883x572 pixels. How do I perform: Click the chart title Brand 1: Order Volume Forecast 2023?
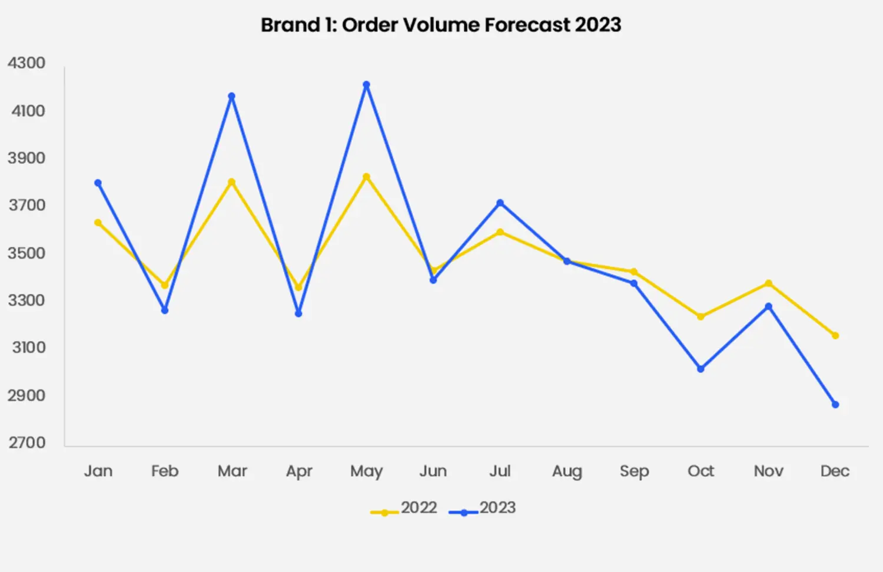[x=441, y=25]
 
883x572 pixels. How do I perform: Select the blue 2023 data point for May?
[x=366, y=85]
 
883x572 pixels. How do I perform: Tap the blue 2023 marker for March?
[x=232, y=96]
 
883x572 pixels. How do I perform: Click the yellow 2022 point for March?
[x=232, y=182]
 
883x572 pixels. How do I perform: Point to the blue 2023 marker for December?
[x=835, y=405]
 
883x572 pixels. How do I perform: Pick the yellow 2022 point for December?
[x=835, y=336]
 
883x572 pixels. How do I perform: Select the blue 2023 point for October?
[x=701, y=369]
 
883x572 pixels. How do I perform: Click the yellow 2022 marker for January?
[x=98, y=223]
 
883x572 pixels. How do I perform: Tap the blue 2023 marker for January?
[x=98, y=183]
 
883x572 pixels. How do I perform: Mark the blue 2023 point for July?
[x=500, y=203]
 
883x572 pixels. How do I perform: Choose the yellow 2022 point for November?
[x=768, y=283]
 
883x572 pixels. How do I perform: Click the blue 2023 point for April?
[x=298, y=313]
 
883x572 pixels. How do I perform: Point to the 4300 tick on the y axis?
[x=26, y=63]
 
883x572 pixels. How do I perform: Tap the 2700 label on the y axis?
[x=26, y=442]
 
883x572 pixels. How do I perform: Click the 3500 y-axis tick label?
[x=26, y=253]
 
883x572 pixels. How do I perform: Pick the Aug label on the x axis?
[x=567, y=471]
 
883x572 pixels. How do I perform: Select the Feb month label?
[x=164, y=471]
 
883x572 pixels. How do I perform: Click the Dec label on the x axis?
[x=835, y=471]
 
